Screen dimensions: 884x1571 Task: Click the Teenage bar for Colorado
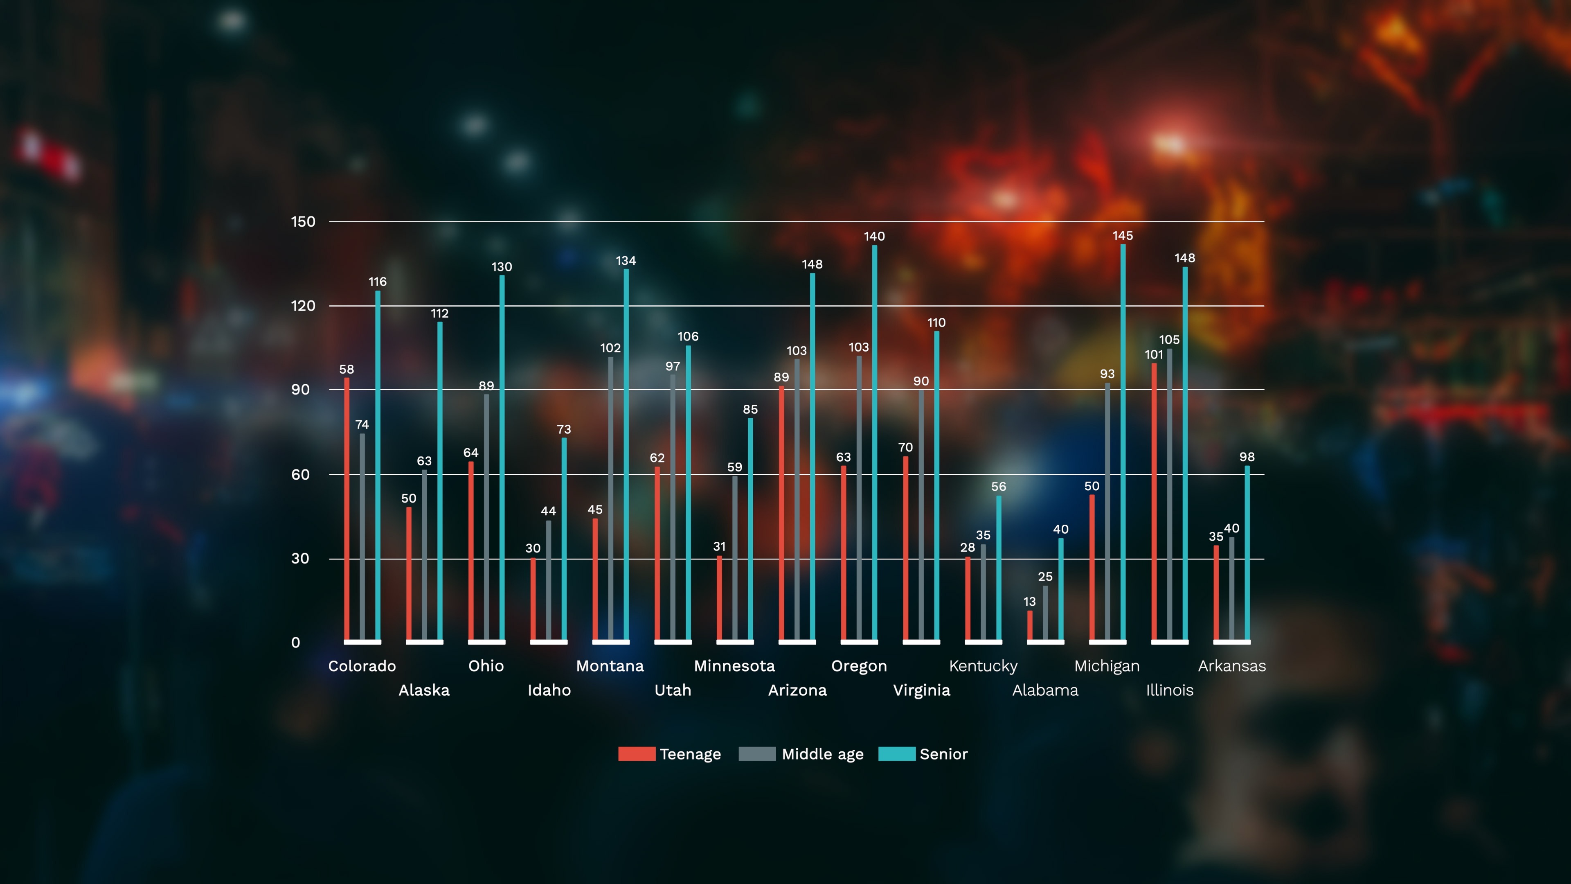tap(347, 510)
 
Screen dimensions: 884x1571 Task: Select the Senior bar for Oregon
tap(875, 442)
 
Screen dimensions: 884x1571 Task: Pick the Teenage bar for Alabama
tap(1030, 625)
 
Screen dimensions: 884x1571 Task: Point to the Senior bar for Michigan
tap(1123, 442)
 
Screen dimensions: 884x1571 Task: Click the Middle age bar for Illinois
tap(1169, 494)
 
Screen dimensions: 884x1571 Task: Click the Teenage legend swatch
tap(636, 754)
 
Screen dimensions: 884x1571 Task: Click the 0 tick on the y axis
tap(296, 643)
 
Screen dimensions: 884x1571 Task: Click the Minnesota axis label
tap(734, 666)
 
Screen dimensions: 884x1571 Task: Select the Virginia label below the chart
tap(921, 690)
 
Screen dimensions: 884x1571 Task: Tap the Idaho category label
tap(549, 690)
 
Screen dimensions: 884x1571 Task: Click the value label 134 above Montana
tap(626, 261)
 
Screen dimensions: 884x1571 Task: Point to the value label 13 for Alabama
tap(1029, 602)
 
